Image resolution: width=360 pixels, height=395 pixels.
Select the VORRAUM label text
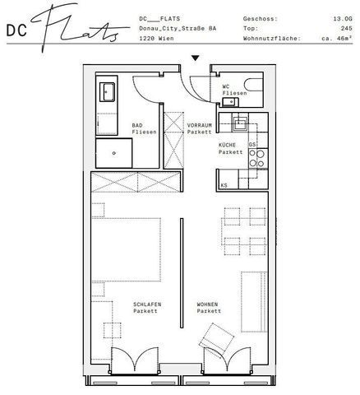pyautogui.click(x=199, y=125)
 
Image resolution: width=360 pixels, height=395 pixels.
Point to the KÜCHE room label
pyautogui.click(x=228, y=146)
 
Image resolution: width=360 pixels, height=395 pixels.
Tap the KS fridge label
pyautogui.click(x=224, y=186)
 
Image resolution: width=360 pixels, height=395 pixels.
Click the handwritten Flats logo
pyautogui.click(x=78, y=29)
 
